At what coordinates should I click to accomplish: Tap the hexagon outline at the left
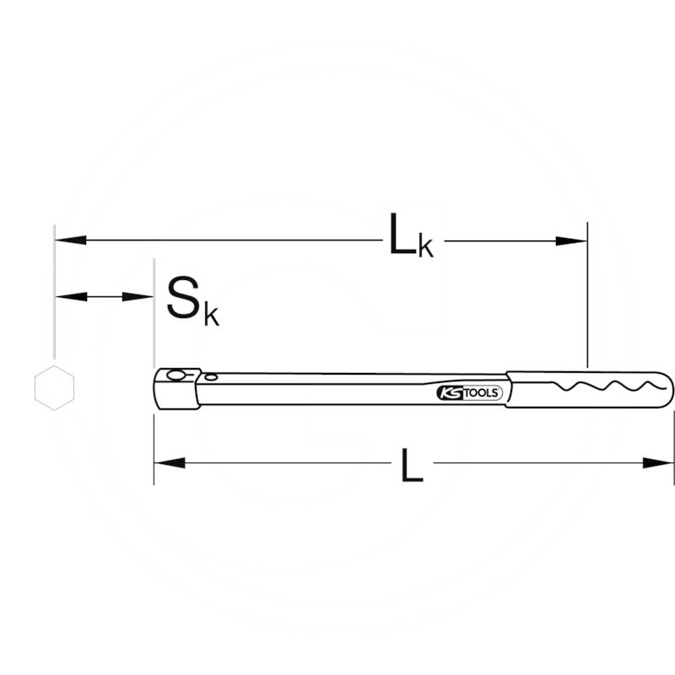(55, 388)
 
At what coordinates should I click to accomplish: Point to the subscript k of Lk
(426, 246)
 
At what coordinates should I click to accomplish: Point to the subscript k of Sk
(211, 314)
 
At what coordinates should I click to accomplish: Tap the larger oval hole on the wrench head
(175, 376)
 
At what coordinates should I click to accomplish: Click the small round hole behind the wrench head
(211, 377)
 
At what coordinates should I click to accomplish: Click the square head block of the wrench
(175, 389)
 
